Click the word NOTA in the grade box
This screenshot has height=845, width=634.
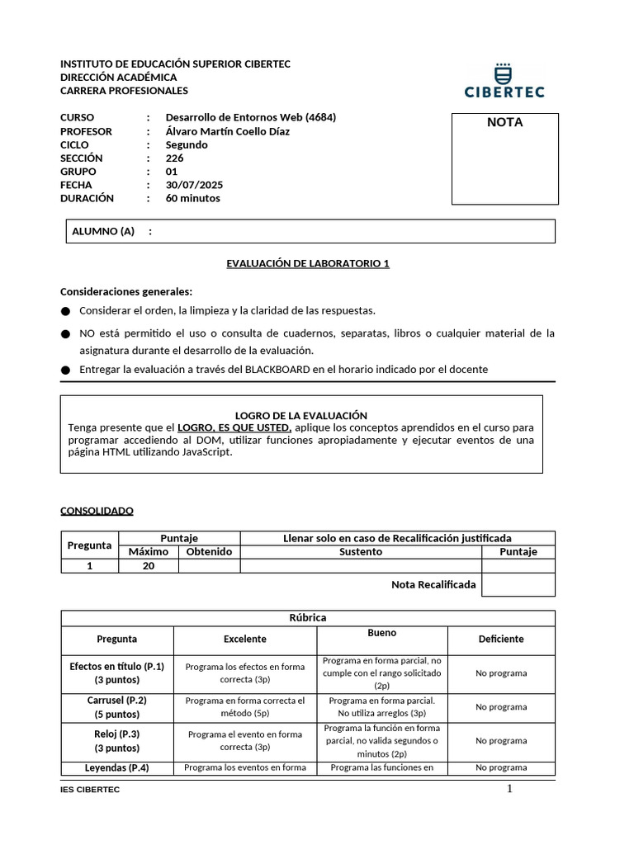[504, 122]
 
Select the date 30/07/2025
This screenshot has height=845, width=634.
[194, 185]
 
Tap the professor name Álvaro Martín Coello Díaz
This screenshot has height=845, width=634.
[228, 131]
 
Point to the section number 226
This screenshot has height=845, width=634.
[174, 158]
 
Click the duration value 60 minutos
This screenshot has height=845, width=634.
[193, 198]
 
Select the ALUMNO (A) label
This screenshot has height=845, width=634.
[103, 231]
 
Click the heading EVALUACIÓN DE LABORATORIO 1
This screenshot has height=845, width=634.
[308, 263]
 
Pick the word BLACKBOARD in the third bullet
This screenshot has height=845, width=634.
[277, 369]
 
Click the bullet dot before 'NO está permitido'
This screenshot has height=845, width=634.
[66, 334]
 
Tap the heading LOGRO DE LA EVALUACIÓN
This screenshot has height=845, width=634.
[301, 416]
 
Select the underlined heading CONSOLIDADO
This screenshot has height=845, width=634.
[97, 511]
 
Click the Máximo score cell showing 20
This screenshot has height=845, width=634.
[149, 565]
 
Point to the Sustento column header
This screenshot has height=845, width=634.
[361, 551]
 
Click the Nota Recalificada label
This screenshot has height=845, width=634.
[433, 584]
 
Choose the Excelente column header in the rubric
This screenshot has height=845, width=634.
[245, 639]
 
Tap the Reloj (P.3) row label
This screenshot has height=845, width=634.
[116, 734]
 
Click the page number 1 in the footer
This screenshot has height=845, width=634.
[509, 789]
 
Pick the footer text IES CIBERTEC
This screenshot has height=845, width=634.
[90, 791]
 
